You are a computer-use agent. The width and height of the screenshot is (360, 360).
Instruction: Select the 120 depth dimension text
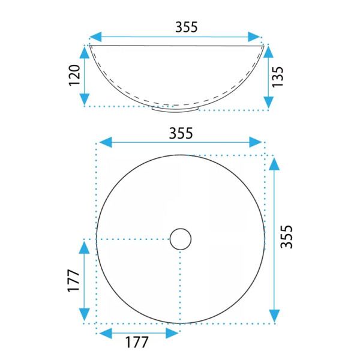click(74, 76)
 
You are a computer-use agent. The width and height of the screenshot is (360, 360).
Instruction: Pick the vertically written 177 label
click(73, 280)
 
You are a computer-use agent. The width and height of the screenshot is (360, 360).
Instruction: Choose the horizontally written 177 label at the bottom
click(137, 343)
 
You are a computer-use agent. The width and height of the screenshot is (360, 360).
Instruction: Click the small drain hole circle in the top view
click(180, 239)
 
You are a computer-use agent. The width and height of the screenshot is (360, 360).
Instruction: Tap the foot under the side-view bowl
click(175, 109)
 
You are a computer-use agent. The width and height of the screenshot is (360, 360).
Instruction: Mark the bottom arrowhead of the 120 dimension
click(85, 99)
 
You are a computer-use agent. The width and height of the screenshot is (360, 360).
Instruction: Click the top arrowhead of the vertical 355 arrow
click(274, 163)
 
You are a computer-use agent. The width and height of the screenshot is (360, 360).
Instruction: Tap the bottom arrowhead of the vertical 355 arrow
click(274, 315)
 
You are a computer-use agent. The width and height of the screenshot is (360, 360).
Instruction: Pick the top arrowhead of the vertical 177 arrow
click(85, 246)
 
